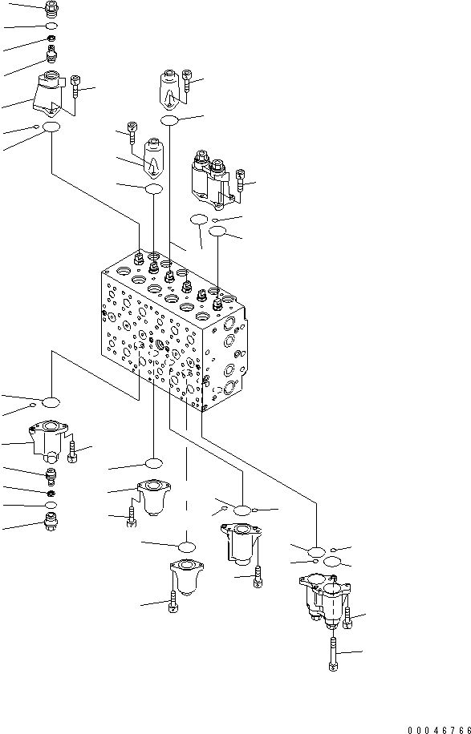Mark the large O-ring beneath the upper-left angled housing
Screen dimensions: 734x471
[x=52, y=128]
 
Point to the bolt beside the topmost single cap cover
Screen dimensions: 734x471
[x=187, y=79]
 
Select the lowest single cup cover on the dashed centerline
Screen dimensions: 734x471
[x=185, y=579]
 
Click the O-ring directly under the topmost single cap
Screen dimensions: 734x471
[x=169, y=120]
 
